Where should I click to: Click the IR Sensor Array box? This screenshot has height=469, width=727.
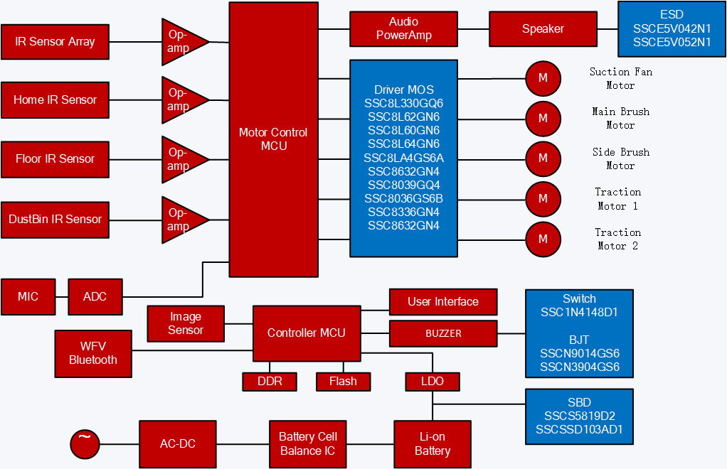(x=55, y=42)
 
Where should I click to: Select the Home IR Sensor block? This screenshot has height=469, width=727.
(x=55, y=100)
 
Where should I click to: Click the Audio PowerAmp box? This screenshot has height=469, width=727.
(x=403, y=29)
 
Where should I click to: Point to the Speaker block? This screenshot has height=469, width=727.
(x=543, y=29)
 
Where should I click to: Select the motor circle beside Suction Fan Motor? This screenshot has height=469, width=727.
(x=543, y=78)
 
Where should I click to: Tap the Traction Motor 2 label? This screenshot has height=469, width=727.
(x=617, y=239)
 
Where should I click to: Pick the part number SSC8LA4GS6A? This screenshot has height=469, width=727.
(x=403, y=158)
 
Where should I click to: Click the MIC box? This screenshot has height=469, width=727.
(x=28, y=296)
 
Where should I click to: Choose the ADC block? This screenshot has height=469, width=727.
(x=95, y=296)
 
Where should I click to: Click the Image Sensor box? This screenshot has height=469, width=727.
(x=186, y=323)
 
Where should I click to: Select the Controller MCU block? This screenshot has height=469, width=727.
(x=307, y=333)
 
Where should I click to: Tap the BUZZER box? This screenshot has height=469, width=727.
(x=443, y=333)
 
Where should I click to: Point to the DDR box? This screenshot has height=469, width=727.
(x=269, y=382)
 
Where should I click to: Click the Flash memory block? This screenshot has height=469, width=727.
(x=343, y=382)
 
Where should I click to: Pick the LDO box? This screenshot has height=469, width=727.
(x=432, y=382)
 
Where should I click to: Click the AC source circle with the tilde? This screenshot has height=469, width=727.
(x=85, y=444)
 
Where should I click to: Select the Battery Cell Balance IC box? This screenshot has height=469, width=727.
(x=308, y=444)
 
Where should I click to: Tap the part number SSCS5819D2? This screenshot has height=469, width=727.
(x=579, y=416)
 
